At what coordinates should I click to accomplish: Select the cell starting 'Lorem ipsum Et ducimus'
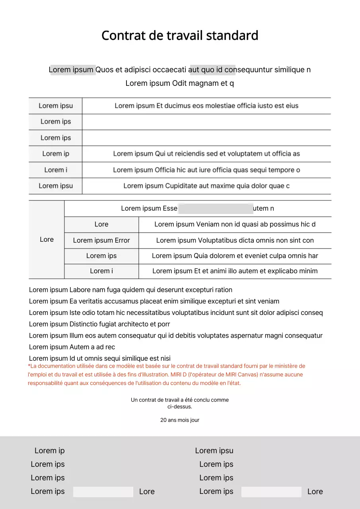206,106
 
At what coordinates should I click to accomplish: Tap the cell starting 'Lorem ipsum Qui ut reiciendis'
206,154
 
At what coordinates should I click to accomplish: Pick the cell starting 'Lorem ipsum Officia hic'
206,170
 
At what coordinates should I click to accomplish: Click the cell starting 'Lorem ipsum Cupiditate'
206,186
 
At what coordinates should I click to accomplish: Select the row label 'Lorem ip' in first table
56,154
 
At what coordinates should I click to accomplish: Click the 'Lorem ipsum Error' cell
101,241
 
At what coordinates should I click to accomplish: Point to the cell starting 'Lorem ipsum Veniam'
235,224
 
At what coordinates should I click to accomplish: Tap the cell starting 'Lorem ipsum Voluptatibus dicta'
235,241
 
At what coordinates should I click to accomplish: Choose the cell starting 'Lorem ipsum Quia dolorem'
235,256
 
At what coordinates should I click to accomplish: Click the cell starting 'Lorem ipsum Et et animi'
235,271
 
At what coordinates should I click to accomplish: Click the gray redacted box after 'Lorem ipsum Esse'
215,208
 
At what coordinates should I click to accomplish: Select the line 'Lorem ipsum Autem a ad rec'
72,347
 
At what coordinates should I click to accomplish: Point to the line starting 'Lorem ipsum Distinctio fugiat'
99,324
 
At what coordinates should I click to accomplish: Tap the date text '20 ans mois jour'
180,420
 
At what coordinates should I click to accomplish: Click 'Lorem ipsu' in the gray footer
214,451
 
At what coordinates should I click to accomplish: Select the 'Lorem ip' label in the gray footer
49,451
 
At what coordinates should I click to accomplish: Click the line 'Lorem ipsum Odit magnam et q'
180,84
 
